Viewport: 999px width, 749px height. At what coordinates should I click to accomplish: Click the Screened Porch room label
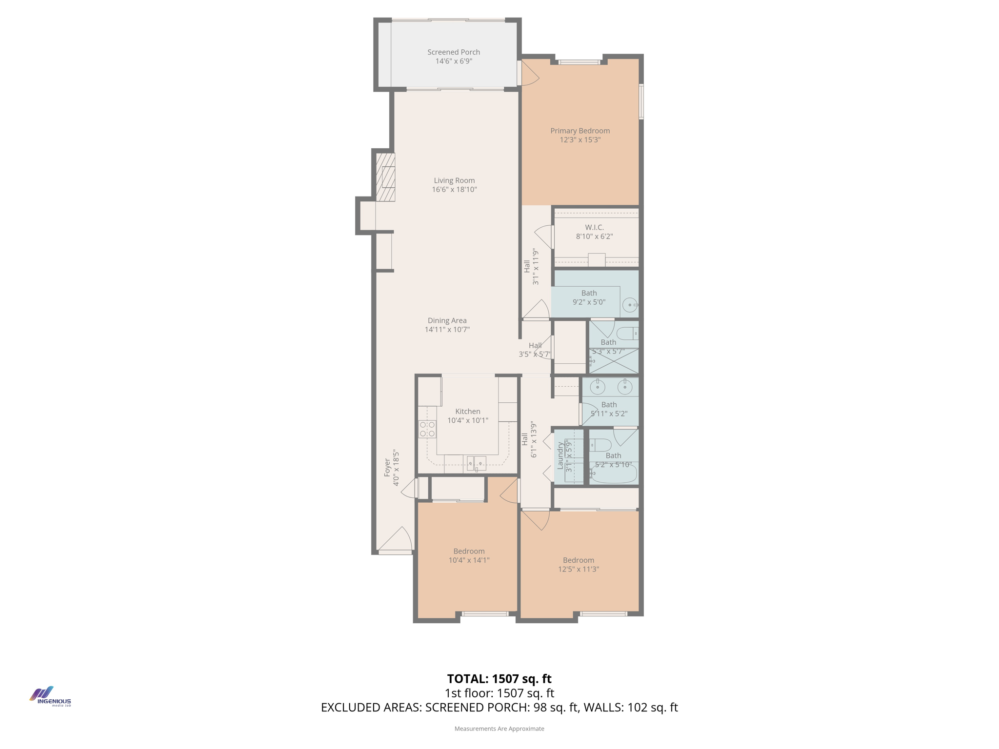(454, 52)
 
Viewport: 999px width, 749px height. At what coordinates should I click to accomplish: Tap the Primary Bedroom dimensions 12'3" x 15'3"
(580, 140)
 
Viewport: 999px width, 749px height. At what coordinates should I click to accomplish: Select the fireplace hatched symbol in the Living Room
(385, 177)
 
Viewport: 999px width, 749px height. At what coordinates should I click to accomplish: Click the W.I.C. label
(594, 227)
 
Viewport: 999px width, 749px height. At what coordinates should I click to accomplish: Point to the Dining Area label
(447, 320)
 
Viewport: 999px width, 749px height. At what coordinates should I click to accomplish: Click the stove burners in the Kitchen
(427, 429)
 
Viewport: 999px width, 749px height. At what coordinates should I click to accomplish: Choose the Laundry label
(560, 456)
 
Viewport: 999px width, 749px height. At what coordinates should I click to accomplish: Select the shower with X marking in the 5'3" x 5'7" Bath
(614, 361)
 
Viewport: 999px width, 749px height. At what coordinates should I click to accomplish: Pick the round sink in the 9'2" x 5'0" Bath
(630, 305)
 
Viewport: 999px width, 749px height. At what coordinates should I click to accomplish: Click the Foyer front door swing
(396, 539)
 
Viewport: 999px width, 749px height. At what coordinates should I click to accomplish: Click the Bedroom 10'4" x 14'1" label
(469, 551)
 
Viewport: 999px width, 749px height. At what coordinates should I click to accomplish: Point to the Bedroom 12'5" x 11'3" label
(579, 560)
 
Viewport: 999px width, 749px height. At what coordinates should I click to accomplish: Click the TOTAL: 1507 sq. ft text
(499, 679)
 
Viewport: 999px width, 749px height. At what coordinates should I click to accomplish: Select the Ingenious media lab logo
(50, 697)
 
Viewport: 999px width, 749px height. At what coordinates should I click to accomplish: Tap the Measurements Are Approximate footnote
(499, 729)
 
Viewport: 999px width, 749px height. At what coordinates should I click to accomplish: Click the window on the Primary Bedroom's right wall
(641, 101)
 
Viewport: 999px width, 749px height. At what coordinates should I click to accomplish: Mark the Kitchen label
(467, 412)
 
